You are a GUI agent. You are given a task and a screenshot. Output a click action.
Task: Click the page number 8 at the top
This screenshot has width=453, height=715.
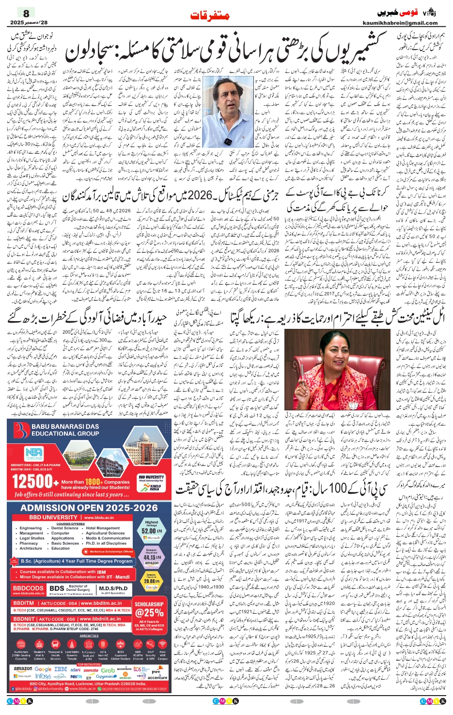(26, 14)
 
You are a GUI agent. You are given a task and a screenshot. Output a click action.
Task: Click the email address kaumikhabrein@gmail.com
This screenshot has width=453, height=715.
(400, 23)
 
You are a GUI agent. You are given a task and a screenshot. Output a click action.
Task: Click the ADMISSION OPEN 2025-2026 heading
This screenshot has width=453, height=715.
(89, 508)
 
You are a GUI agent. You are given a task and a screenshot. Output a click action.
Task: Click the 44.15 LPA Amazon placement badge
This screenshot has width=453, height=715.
(151, 557)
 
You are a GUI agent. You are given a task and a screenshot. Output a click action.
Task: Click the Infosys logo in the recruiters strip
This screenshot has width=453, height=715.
(43, 676)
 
